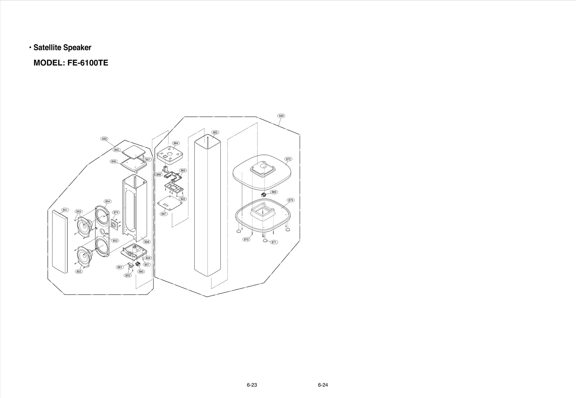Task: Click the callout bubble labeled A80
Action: point(104,139)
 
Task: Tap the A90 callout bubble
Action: point(281,116)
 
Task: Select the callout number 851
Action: point(65,210)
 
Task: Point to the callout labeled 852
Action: point(79,272)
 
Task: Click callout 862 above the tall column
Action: point(215,133)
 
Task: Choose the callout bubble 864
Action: point(176,143)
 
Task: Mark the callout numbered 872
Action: point(288,159)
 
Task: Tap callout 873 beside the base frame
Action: point(291,200)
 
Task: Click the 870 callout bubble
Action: point(246,240)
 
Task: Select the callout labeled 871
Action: point(274,242)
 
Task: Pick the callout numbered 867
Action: point(164,214)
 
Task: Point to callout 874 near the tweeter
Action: point(116,213)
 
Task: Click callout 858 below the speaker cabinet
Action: point(147,242)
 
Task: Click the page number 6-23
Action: point(252,385)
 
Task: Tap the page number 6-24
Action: point(323,385)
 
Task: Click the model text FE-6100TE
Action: point(87,63)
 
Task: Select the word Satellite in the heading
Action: point(47,48)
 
